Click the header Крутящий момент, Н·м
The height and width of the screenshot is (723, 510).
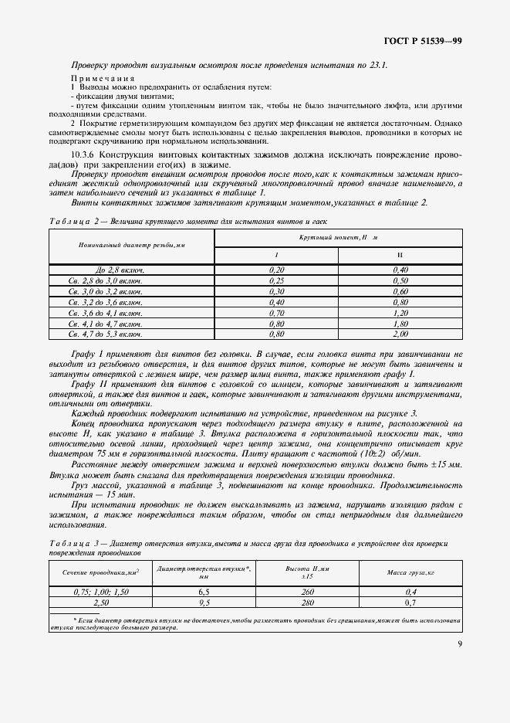point(338,238)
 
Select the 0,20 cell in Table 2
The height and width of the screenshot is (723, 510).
point(276,270)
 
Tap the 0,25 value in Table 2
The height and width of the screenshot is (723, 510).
point(276,280)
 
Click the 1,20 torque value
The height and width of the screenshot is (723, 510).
point(400,313)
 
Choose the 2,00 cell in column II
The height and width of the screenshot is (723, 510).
point(400,334)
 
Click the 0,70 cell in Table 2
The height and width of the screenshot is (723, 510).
point(276,313)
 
